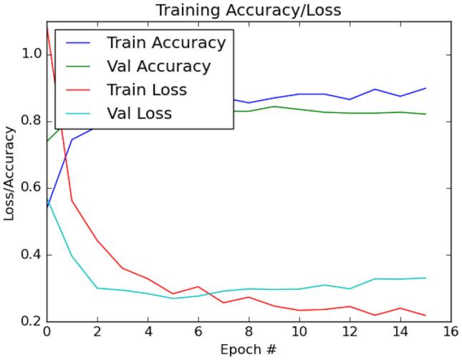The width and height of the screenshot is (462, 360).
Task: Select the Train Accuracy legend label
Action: point(166,43)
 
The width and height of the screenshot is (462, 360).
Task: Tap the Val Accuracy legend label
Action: point(158,67)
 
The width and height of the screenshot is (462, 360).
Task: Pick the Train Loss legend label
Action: point(147,90)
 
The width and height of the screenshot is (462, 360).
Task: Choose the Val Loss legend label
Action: point(139,113)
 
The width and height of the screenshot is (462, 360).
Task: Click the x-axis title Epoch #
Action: point(248,350)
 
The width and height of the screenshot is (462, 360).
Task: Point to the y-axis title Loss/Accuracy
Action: point(10,173)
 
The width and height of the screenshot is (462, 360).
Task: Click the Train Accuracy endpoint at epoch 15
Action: point(425,88)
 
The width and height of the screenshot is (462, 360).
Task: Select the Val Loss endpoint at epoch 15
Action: point(425,278)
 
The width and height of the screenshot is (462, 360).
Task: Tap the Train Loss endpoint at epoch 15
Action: point(425,316)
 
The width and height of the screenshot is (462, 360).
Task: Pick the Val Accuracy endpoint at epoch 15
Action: point(425,114)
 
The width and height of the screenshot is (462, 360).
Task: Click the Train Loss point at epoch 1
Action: point(72,200)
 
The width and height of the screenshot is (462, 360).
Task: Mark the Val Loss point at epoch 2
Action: point(97,288)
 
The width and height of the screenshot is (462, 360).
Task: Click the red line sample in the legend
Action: point(78,90)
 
